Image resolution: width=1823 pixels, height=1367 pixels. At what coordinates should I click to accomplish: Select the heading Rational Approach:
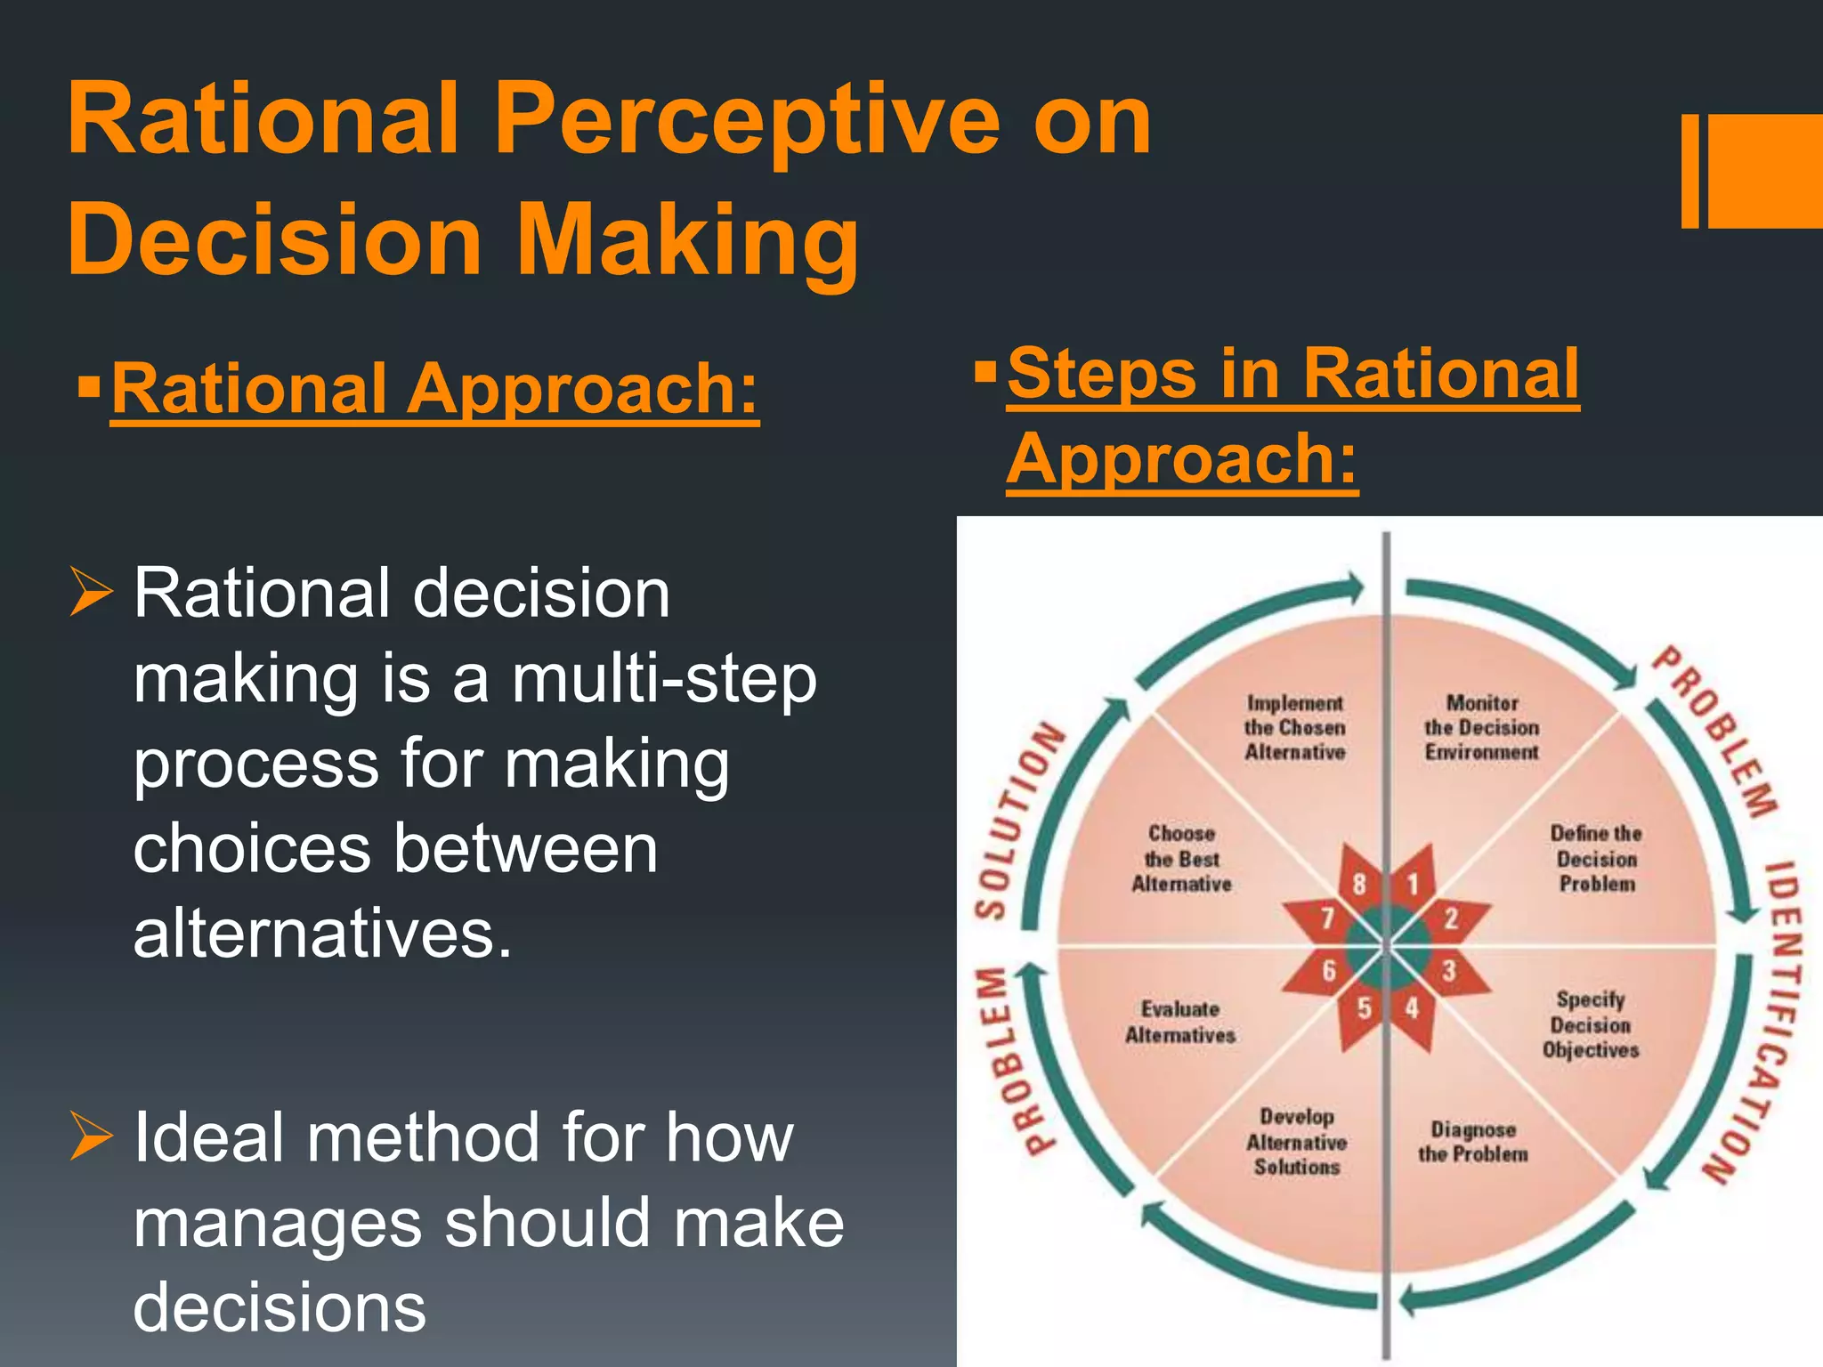(434, 390)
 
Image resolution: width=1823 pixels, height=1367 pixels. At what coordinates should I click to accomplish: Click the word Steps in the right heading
(1100, 374)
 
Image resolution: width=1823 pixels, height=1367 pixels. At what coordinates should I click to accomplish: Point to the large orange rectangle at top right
(1764, 171)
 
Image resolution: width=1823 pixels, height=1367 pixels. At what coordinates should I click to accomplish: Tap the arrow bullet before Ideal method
(92, 1137)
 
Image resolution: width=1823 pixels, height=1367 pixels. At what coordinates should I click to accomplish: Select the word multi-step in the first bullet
(663, 678)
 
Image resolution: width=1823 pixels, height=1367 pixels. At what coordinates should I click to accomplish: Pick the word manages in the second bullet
(277, 1223)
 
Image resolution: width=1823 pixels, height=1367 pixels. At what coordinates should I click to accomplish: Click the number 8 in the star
(1359, 883)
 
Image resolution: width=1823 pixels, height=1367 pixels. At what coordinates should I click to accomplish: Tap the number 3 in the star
(1449, 970)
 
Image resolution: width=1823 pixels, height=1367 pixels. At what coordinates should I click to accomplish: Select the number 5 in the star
(1364, 1008)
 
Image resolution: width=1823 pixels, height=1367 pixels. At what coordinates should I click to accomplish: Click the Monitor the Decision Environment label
(1481, 728)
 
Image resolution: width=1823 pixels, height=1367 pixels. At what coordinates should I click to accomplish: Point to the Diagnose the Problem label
(1473, 1142)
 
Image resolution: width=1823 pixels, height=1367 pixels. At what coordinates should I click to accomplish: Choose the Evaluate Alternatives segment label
(1180, 1022)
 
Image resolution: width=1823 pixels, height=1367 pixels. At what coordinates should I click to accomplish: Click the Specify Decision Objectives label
(1591, 1024)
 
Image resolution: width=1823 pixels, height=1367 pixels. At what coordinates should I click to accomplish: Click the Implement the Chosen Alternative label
(1294, 728)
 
